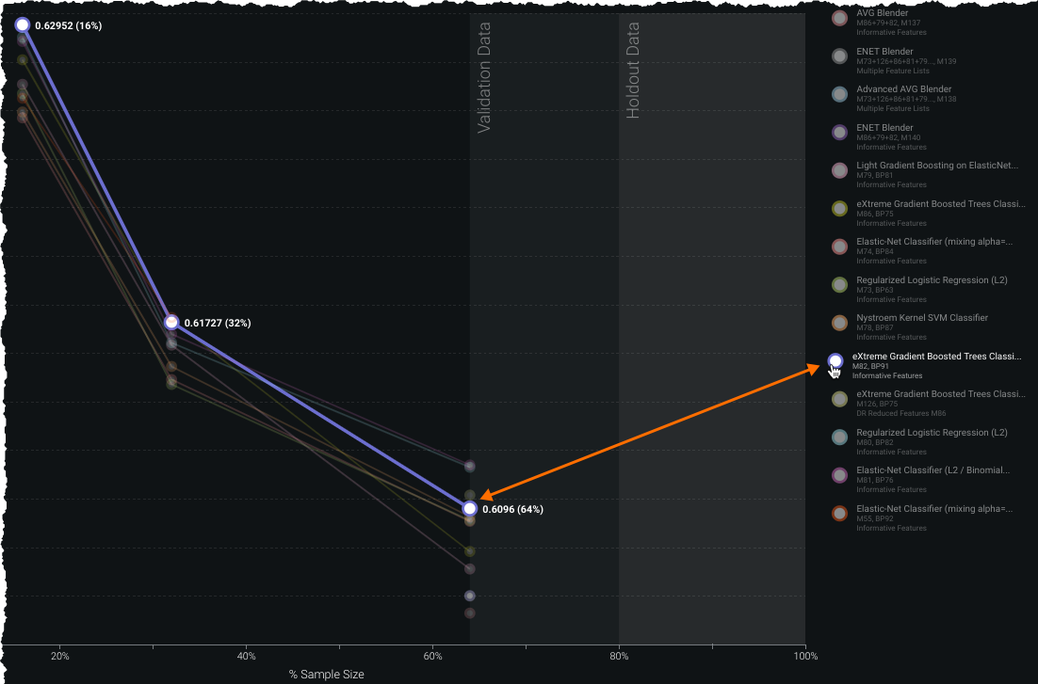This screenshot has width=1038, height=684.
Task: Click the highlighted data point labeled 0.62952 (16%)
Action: click(x=22, y=24)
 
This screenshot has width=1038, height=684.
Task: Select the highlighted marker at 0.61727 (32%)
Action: click(x=170, y=322)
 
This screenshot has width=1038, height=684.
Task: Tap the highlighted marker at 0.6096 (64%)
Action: click(x=469, y=508)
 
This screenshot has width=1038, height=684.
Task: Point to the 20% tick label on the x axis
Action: click(x=59, y=655)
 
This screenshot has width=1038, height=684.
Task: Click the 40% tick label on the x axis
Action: click(x=246, y=655)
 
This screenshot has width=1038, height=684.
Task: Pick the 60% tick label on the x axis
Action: click(x=432, y=655)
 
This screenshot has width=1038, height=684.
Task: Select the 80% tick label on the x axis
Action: click(x=619, y=655)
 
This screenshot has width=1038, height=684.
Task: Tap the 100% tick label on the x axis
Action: click(x=805, y=655)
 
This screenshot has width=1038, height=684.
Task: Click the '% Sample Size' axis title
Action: click(x=326, y=675)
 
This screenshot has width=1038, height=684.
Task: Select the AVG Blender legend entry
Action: click(x=882, y=13)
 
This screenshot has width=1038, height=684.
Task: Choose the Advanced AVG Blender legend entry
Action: click(x=903, y=89)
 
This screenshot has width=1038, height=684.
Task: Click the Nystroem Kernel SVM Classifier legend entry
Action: click(x=921, y=318)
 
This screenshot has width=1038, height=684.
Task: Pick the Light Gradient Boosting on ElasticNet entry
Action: click(x=936, y=166)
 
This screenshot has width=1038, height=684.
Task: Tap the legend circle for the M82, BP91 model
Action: click(x=835, y=360)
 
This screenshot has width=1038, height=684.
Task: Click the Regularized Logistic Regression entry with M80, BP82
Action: click(x=931, y=432)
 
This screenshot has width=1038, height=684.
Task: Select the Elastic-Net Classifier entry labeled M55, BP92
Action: click(x=933, y=508)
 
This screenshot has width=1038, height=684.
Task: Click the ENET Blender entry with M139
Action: click(x=884, y=51)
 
